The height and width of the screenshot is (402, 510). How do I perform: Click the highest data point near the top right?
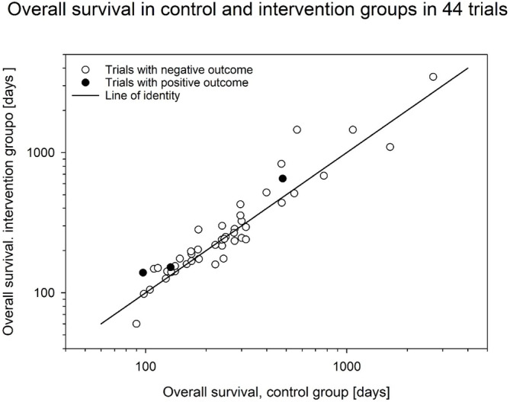click(x=433, y=77)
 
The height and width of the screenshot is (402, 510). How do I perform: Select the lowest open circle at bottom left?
click(x=136, y=324)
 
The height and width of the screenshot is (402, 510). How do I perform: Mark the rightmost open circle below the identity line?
click(x=390, y=147)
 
